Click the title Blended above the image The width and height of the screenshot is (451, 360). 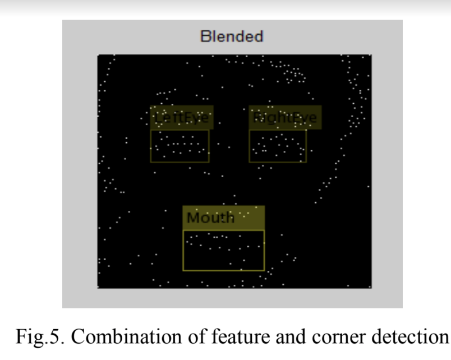point(232,37)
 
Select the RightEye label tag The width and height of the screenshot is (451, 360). point(285,118)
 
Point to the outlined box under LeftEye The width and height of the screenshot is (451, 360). point(180,146)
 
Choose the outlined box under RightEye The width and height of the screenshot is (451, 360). point(278,146)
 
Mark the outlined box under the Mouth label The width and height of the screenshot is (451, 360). point(223,251)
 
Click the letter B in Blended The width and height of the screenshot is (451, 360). point(205,37)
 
